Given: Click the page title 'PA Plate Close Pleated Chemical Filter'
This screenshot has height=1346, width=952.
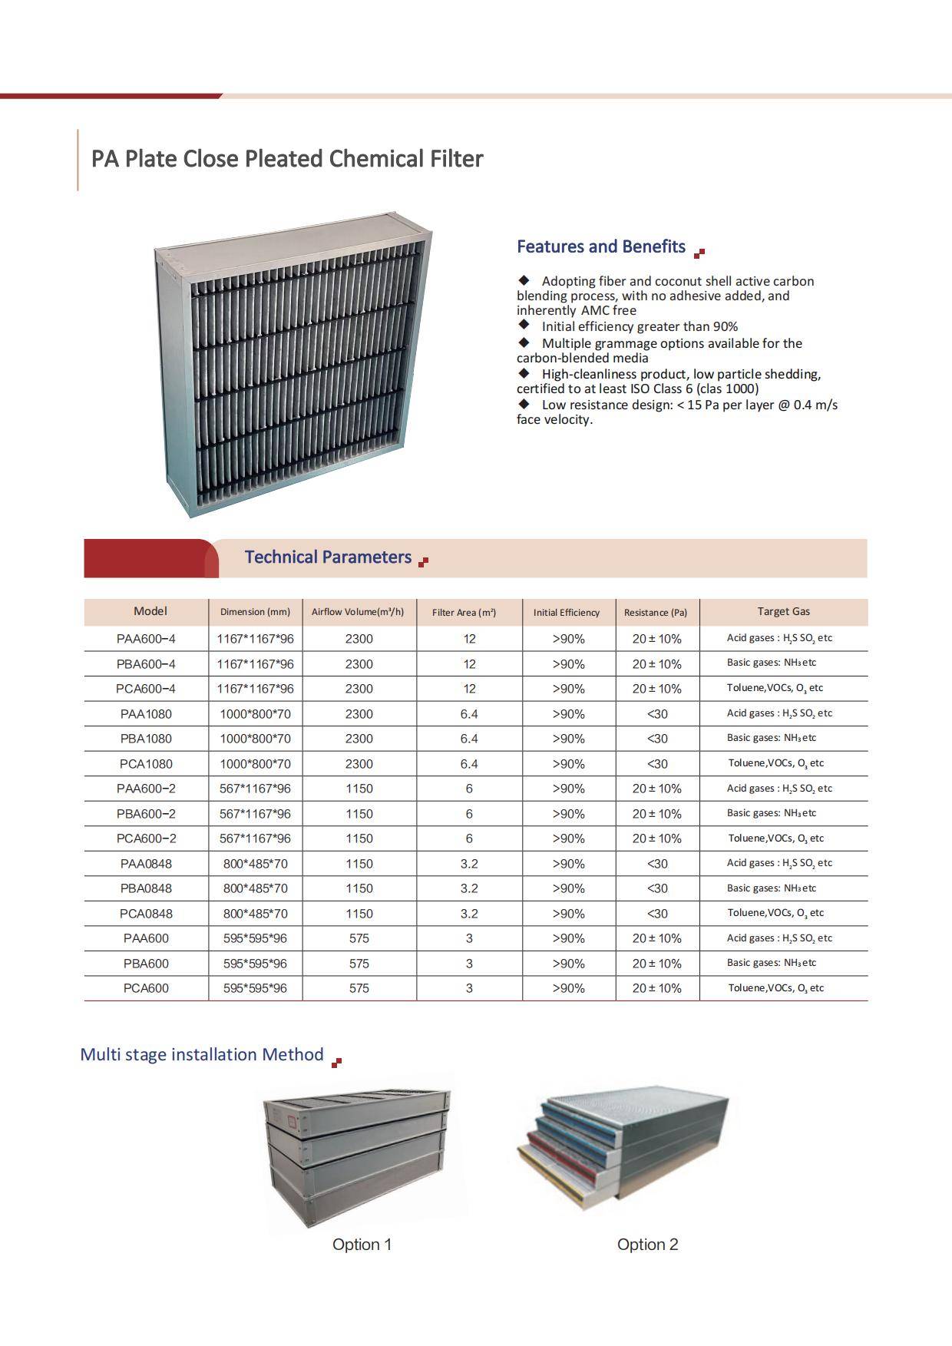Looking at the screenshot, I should click(x=287, y=159).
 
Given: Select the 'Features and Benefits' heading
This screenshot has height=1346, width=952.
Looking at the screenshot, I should click(x=600, y=246).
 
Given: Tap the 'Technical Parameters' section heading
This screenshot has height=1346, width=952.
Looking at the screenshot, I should click(x=328, y=557).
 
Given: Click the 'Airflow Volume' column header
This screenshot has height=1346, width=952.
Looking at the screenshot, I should click(x=358, y=612).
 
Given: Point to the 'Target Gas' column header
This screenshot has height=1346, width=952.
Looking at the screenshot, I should click(x=783, y=611).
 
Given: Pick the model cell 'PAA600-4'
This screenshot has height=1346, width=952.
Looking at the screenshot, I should click(x=146, y=639).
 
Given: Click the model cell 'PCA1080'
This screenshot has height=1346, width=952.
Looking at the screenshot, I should click(x=146, y=764).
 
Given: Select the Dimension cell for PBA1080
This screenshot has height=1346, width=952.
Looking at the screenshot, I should click(x=255, y=739).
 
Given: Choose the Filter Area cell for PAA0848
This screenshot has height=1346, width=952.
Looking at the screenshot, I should click(x=469, y=864).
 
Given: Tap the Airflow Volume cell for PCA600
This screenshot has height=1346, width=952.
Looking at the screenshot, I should click(x=359, y=988).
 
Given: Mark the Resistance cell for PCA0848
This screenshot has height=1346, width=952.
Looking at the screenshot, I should click(x=656, y=914).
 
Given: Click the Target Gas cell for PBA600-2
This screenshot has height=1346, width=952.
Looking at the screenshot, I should click(x=772, y=813).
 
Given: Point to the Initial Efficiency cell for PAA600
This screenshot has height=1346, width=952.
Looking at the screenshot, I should click(x=568, y=938).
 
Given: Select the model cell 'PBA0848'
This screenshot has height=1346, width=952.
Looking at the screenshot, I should click(x=146, y=888).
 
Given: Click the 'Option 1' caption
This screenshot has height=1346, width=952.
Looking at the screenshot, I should click(x=362, y=1245).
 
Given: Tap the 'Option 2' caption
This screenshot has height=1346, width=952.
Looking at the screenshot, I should click(x=647, y=1245).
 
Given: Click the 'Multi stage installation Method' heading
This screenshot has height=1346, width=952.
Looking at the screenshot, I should click(x=202, y=1054).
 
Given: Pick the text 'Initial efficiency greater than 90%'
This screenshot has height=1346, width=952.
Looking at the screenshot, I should click(x=640, y=326).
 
